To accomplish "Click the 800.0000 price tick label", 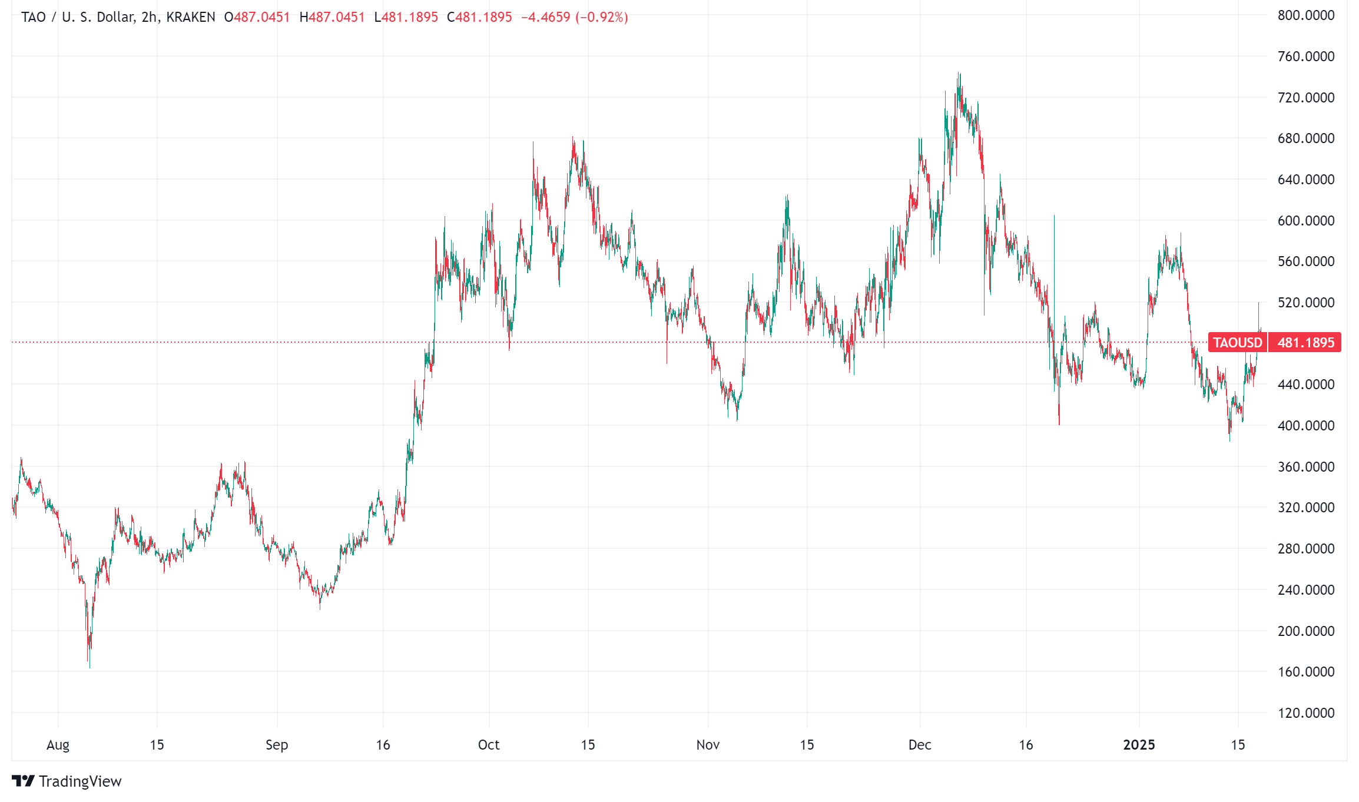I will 1305,15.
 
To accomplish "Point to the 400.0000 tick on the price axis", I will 1305,425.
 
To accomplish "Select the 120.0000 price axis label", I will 1305,712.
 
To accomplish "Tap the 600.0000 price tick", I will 1305,220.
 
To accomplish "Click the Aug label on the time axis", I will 58,745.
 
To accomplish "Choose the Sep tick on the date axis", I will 277,745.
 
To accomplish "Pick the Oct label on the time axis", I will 489,745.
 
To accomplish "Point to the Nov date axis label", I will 708,745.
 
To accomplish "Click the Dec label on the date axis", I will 920,745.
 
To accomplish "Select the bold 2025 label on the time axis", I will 1139,745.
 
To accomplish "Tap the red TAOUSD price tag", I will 1237,343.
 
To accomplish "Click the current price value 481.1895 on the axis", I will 1305,343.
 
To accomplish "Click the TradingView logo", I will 67,781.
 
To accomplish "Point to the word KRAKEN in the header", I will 191,17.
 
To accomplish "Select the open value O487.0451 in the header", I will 257,17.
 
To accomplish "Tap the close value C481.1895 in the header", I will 479,17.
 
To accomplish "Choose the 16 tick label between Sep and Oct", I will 383,745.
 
